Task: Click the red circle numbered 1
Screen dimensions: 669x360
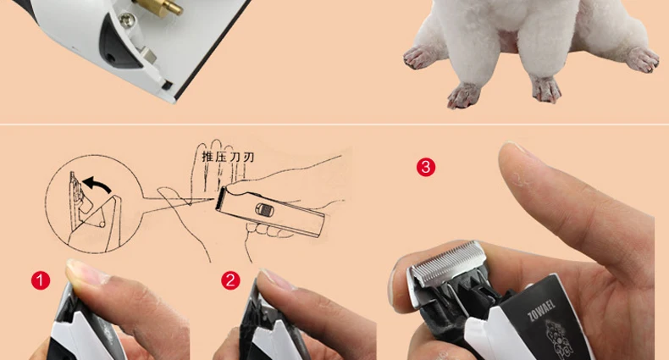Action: tap(41, 280)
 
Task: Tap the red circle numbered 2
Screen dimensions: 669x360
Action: tap(230, 280)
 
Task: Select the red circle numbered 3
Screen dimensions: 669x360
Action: tap(426, 167)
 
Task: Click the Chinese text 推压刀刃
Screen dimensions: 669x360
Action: tap(228, 157)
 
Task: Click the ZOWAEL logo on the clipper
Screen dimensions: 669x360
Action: tap(541, 310)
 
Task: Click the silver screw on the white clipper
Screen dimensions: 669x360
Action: tap(127, 19)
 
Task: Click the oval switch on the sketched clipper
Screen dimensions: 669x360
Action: tap(264, 209)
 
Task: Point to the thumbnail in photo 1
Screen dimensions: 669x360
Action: tap(86, 272)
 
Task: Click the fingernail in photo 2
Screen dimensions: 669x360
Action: tap(277, 280)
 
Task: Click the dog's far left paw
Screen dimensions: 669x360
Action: tap(421, 58)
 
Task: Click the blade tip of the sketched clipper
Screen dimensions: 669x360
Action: tap(220, 198)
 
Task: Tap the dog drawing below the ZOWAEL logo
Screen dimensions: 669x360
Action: tap(560, 339)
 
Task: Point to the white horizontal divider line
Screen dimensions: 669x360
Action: tap(334, 125)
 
